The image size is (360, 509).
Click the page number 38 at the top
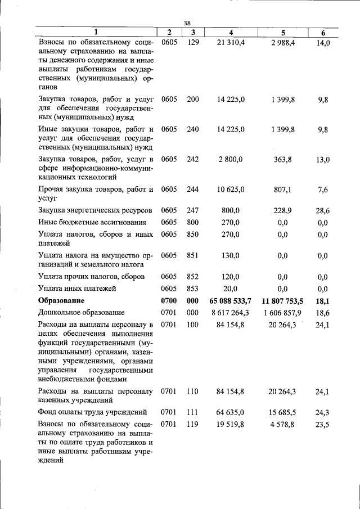pos(188,23)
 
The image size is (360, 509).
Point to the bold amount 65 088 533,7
pos(230,300)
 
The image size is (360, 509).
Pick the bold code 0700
pos(169,300)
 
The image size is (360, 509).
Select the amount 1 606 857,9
pos(282,312)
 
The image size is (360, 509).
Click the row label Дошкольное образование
pos(81,312)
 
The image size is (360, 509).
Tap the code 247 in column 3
pos(193,210)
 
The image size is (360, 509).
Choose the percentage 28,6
pos(323,210)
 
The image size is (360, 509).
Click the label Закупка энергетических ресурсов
pos(95,210)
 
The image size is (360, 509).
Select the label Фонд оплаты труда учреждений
pos(92,412)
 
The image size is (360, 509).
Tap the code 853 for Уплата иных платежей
pos(193,289)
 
